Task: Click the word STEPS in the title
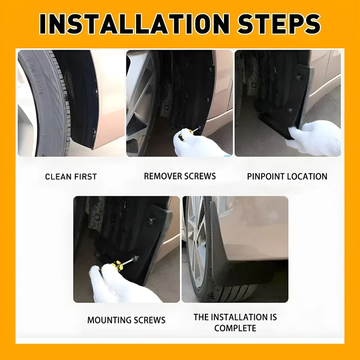tap(279, 24)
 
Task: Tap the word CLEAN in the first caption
tap(58, 177)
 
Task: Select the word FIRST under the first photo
tap(85, 177)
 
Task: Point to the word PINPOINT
tap(265, 176)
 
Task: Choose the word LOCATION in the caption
tap(307, 176)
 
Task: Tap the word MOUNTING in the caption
tap(109, 320)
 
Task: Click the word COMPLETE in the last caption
tap(235, 328)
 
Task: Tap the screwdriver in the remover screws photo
tap(189, 133)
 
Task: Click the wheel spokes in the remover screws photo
tap(139, 103)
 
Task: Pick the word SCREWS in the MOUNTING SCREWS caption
tap(150, 320)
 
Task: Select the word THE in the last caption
tap(201, 317)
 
